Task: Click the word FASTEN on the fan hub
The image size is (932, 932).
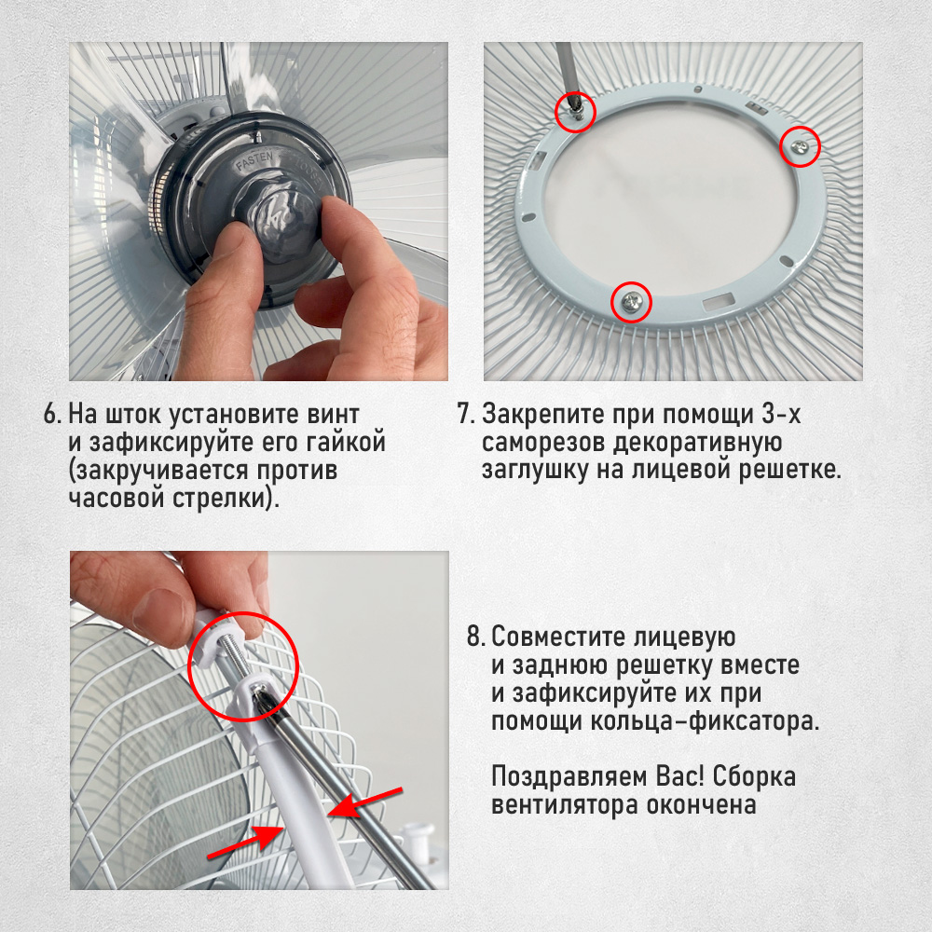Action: [x=254, y=161]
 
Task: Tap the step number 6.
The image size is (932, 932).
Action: [x=51, y=414]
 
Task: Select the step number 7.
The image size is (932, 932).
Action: [x=465, y=414]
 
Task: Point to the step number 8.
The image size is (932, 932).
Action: [x=475, y=637]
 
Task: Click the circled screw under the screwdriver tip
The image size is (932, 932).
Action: [x=575, y=113]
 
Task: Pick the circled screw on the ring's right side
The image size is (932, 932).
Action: [x=800, y=147]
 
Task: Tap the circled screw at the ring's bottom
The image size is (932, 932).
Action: [x=631, y=303]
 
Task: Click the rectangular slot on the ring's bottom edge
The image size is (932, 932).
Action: [x=718, y=301]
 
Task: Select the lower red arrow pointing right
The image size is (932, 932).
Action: [x=244, y=843]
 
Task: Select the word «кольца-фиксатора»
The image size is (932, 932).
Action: [x=705, y=722]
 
